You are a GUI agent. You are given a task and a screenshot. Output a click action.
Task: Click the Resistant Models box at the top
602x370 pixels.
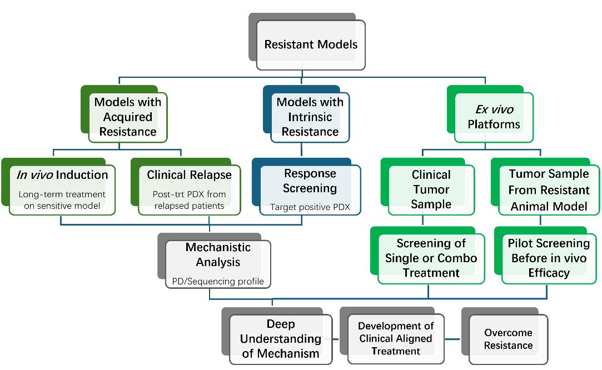click(311, 45)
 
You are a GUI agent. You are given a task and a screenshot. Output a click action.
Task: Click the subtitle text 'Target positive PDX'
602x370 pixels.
click(310, 207)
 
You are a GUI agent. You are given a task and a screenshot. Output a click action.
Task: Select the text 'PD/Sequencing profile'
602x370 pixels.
click(218, 281)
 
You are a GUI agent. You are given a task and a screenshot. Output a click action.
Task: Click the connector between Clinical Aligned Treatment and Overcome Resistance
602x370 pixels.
click(452, 339)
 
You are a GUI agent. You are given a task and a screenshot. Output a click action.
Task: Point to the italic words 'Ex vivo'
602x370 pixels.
click(494, 110)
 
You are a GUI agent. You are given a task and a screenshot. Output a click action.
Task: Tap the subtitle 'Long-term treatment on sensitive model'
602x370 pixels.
click(62, 200)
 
